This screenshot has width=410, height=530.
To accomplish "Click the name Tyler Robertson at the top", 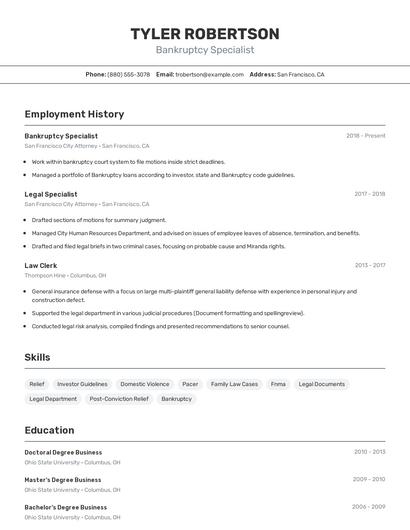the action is point(205,34).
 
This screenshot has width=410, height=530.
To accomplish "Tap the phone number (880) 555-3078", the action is point(129,74).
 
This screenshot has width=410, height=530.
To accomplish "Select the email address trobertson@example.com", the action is point(210,74).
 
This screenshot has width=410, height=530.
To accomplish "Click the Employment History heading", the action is point(74,115).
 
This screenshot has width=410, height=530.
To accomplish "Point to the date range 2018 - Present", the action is point(365,135).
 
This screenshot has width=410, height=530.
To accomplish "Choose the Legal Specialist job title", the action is point(51,194).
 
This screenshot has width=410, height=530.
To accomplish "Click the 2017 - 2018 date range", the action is point(369,194).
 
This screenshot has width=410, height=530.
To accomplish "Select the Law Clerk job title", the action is point(41,265).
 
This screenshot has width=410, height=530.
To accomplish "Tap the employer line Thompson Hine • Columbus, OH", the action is point(65,275).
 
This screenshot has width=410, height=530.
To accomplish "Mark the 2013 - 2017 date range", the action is point(369,265).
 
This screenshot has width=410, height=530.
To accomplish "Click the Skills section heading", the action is point(37,357).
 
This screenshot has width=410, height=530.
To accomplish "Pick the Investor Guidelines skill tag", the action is point(82,384).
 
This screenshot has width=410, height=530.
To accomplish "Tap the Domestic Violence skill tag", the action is point(145,384).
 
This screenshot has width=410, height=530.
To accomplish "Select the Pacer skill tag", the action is point(190,384).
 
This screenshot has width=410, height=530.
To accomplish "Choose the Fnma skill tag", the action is point(278,384).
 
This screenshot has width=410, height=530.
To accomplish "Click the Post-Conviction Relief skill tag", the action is point(119,399).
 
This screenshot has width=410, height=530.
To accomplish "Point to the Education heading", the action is point(49,430).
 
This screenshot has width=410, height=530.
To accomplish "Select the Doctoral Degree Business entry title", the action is point(63,452).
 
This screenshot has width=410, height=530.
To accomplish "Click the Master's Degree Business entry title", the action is point(62,479).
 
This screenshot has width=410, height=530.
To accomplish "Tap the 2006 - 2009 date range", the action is point(368,506).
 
